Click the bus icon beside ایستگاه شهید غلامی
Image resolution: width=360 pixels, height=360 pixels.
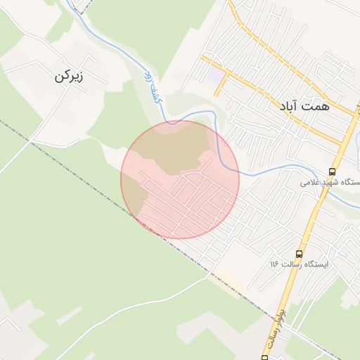point(332,171)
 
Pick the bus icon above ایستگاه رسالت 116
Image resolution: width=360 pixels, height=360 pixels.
point(300,253)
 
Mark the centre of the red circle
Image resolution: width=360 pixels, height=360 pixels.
point(180,179)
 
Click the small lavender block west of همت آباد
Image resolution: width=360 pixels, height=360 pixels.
point(216,73)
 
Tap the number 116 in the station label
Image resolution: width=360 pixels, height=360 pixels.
point(275,264)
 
